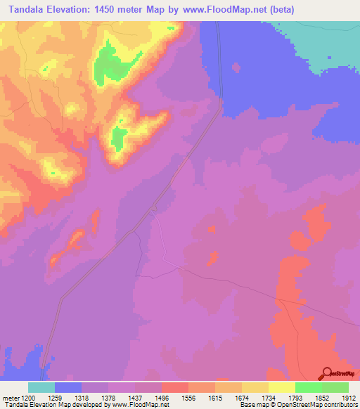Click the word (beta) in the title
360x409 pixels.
click(277, 10)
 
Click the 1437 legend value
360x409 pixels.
click(136, 398)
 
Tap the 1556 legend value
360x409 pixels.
click(188, 398)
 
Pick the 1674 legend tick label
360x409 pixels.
click(241, 398)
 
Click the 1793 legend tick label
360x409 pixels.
click(295, 398)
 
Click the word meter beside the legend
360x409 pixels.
click(11, 398)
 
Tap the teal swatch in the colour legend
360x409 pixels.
click(41, 387)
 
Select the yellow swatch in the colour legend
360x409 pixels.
click(281, 387)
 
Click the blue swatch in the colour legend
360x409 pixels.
click(68, 387)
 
